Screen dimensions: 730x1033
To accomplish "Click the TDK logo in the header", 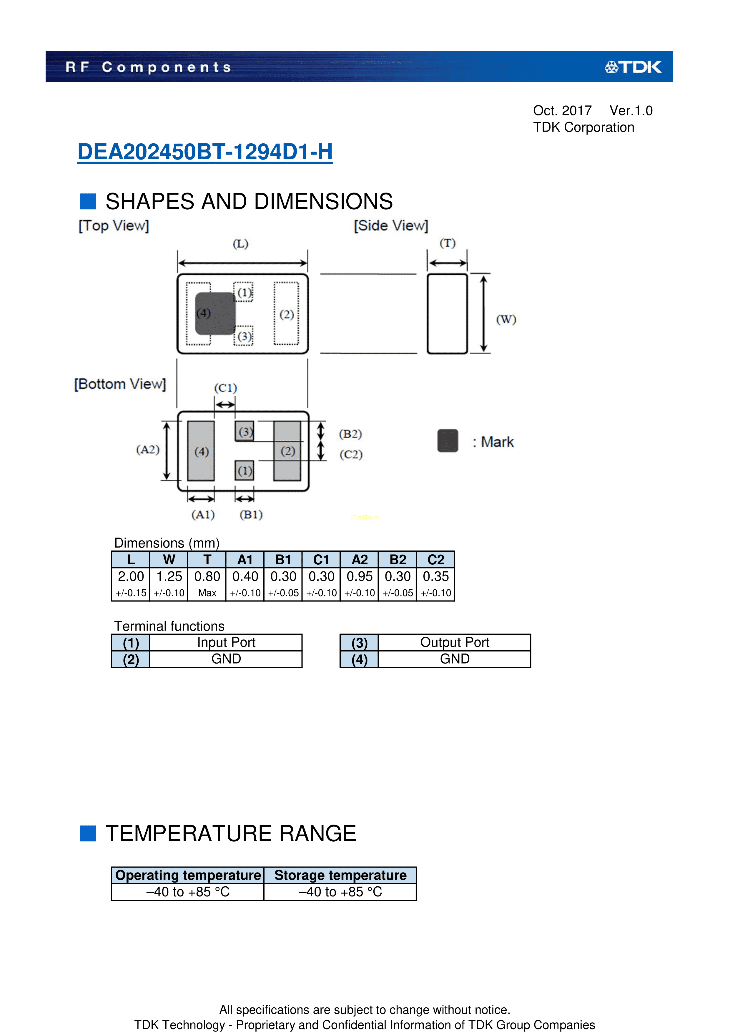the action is tap(633, 67).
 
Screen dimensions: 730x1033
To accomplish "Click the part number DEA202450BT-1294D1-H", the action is tap(205, 152).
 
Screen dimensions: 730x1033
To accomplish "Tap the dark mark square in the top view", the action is tap(215, 314).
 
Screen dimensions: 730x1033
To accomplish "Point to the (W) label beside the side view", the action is tap(506, 319).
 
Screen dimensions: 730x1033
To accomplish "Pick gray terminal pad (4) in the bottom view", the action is tap(201, 451).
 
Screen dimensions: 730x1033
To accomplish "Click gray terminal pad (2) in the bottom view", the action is tap(287, 451).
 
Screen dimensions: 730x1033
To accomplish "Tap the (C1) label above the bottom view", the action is tap(225, 388).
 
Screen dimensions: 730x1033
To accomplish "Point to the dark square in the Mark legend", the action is tap(448, 440).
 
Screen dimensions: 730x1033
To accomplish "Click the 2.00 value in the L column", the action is tap(131, 576).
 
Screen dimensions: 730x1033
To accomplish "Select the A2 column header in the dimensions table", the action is tap(359, 560).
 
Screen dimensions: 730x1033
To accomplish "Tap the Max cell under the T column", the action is tap(207, 593).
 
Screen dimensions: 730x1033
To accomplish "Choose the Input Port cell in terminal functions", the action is tap(226, 642).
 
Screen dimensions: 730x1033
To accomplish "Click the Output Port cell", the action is tap(454, 642).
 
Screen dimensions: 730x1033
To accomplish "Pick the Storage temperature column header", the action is tap(340, 875).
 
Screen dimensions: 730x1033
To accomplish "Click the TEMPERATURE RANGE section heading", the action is tap(231, 833).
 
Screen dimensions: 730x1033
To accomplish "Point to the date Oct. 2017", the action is tap(562, 111).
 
